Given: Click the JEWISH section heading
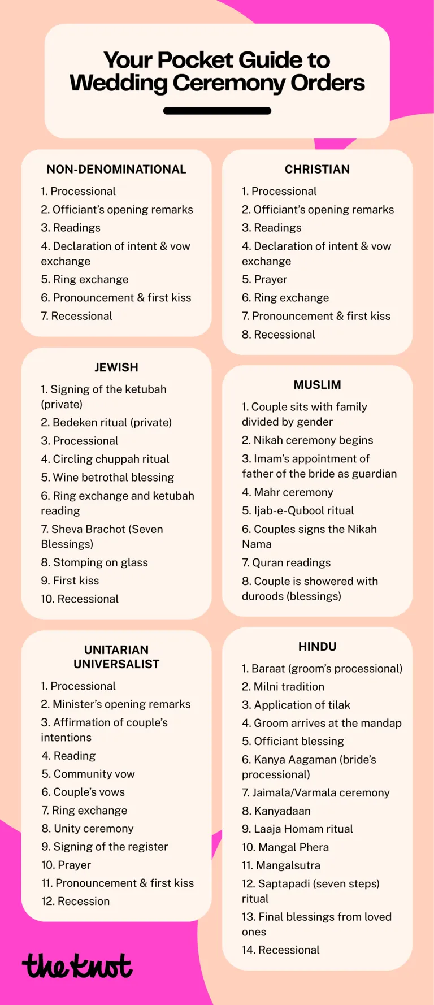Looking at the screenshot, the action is [116, 367].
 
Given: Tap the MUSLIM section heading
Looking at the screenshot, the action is [317, 385].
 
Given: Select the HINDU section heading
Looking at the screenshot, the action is [317, 647].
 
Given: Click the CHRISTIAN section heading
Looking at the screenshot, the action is [317, 170].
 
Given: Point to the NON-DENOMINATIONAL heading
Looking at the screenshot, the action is [116, 170].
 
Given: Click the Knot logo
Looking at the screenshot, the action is [77, 967].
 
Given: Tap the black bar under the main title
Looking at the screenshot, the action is [217, 111].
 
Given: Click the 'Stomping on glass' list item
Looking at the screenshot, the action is [94, 562].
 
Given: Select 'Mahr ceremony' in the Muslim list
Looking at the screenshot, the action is [288, 492].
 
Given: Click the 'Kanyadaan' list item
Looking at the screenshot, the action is [276, 811].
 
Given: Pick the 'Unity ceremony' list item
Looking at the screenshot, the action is [88, 829].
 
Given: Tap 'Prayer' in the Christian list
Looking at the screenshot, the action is [264, 279].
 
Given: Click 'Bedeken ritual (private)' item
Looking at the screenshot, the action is [106, 422].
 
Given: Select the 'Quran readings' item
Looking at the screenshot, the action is [287, 562].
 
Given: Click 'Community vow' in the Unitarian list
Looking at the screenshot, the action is [88, 774].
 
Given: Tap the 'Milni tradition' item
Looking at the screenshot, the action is [283, 687].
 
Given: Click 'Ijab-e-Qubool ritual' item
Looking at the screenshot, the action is [298, 510].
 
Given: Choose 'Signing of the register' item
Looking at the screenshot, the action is [105, 847].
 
